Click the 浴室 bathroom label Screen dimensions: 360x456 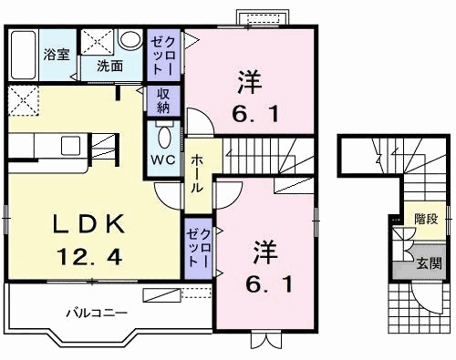pos(57,53)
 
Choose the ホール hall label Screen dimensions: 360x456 pos(197,174)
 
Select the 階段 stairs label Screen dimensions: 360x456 pos(424,219)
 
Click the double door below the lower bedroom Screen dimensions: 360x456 pos(261,339)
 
